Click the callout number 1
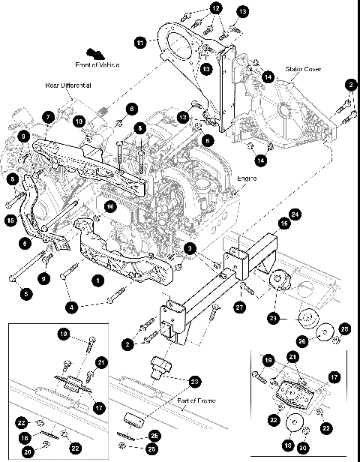(97, 279)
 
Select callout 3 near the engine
(191, 247)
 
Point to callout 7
(47, 118)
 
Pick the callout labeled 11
(139, 44)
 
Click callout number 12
(216, 8)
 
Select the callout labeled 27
(239, 306)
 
